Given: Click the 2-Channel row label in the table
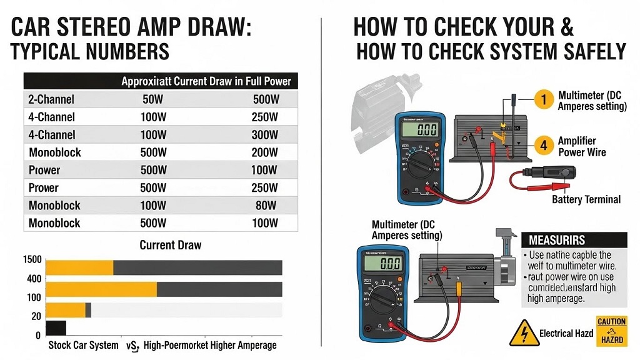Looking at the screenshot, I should coord(51,99).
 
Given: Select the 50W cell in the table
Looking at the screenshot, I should coord(154,99).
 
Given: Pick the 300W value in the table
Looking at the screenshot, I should coord(265,134).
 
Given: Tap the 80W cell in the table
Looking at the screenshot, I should coord(267,205).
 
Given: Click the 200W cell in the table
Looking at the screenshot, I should coord(265,152).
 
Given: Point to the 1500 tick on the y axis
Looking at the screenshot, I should coord(32,260).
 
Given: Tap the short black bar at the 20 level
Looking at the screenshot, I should coord(56,327).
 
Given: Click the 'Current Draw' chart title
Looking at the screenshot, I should coord(170,244).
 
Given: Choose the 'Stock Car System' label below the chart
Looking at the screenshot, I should coord(83,345).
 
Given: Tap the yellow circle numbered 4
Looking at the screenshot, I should coord(544,146).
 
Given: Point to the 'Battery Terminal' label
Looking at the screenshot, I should coord(586,199).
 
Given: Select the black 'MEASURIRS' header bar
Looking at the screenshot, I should coord(573,240).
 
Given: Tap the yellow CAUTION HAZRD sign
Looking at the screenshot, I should coord(611,331).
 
